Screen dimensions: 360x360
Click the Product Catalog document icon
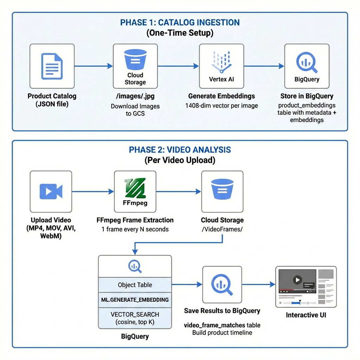[52, 66]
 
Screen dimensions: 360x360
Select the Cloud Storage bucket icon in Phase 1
[135, 59]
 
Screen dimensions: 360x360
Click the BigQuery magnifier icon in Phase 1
[307, 63]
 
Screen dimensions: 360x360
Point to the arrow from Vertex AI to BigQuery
[264, 66]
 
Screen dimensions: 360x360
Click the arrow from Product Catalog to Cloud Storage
[94, 66]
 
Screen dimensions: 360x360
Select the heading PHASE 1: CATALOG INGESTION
[180, 22]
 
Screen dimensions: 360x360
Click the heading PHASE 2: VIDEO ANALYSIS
[180, 150]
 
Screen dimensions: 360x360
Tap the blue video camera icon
[51, 191]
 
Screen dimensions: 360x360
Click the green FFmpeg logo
[135, 188]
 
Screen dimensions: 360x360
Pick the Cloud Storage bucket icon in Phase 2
[222, 189]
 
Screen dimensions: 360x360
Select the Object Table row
[135, 285]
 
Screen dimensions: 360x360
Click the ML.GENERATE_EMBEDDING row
[135, 300]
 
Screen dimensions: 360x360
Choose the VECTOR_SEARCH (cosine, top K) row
[135, 318]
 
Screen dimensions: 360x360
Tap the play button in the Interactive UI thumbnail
[297, 280]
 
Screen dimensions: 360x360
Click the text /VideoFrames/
[222, 229]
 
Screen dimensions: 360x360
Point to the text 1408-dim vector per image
[221, 105]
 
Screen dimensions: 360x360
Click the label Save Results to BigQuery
[222, 311]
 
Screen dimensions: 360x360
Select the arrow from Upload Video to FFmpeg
[93, 192]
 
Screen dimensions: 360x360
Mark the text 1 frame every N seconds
[135, 229]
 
